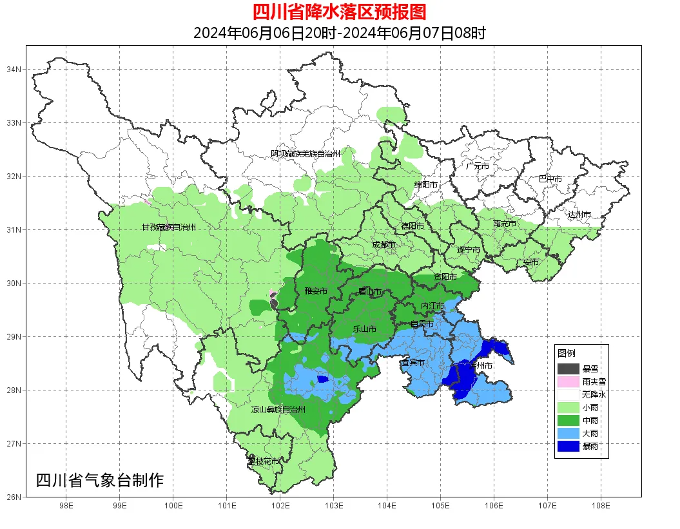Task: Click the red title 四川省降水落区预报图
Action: tap(339, 12)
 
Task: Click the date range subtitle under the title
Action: tap(339, 33)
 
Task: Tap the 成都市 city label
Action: tap(384, 245)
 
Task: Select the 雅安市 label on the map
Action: tap(316, 291)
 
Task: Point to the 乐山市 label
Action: tap(364, 329)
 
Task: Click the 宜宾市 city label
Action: tap(413, 363)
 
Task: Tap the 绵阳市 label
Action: tap(425, 185)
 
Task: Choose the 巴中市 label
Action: tap(550, 178)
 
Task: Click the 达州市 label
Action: tap(579, 214)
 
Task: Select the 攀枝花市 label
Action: tap(264, 461)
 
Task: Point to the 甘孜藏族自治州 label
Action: tap(168, 227)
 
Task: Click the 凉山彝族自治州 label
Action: tap(278, 409)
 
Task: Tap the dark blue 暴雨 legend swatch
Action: tap(568, 446)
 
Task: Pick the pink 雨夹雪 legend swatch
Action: tap(568, 381)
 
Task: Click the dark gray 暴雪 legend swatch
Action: tap(568, 369)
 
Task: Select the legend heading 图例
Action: tap(567, 353)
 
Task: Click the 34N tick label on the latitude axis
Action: tap(14, 69)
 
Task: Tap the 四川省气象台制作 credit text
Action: tap(100, 480)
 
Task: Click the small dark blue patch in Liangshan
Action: tap(322, 380)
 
